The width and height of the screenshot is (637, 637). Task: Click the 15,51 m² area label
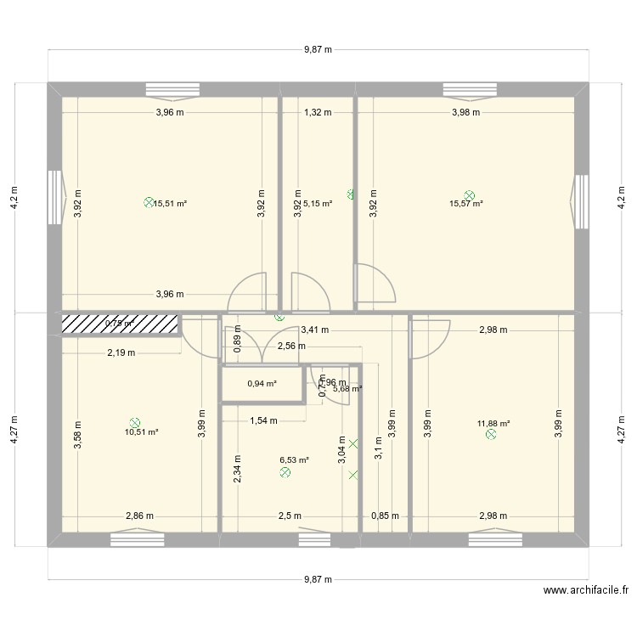tap(170, 204)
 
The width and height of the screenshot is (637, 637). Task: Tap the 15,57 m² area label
tap(466, 204)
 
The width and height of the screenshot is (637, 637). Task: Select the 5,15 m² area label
tap(318, 204)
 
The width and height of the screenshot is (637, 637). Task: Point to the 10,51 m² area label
tap(141, 431)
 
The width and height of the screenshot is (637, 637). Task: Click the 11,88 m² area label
tap(493, 424)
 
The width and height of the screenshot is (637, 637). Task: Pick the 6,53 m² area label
tap(294, 460)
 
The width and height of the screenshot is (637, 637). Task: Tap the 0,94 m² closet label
tap(262, 384)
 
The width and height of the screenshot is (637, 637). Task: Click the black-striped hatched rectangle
tap(120, 324)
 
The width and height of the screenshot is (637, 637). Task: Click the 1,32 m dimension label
tap(318, 112)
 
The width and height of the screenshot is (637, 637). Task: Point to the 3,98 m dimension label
tap(465, 112)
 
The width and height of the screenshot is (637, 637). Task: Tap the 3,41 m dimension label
tap(315, 330)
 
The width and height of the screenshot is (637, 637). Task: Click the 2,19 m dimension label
tap(121, 352)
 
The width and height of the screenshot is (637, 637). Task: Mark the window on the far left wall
tap(55, 197)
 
